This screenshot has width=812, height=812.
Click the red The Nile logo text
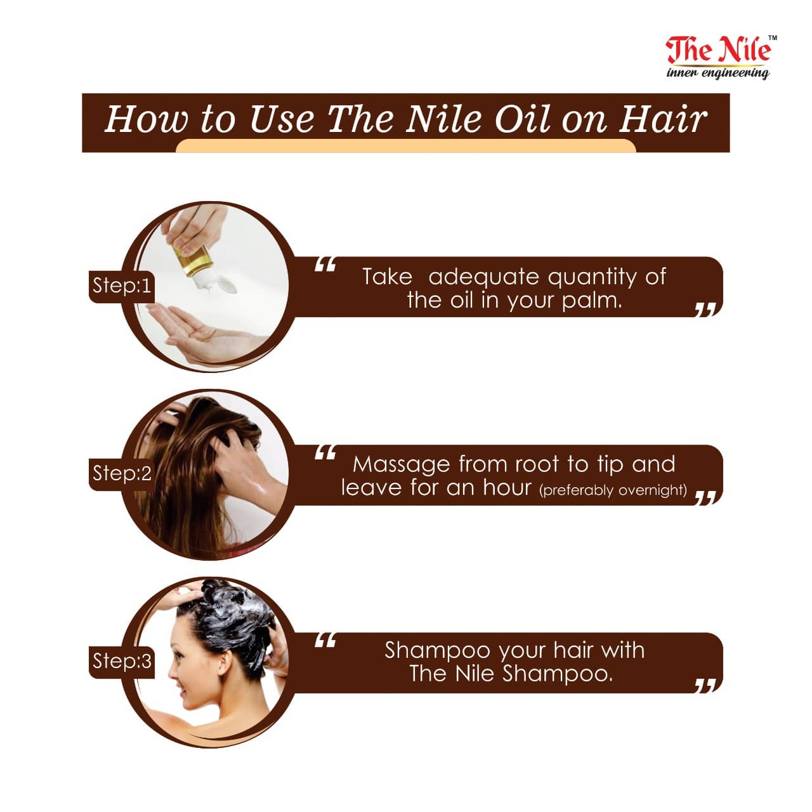tap(717, 50)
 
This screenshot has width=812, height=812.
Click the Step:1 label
tap(121, 286)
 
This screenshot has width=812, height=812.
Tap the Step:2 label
tap(121, 473)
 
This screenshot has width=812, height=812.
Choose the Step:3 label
tap(121, 661)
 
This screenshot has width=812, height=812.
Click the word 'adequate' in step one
tap(483, 278)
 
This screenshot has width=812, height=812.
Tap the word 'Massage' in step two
tap(401, 465)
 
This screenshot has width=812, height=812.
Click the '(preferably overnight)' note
tap(613, 490)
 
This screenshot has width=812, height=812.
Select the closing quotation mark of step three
tap(705, 686)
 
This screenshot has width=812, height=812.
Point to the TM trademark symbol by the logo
tap(773, 38)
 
